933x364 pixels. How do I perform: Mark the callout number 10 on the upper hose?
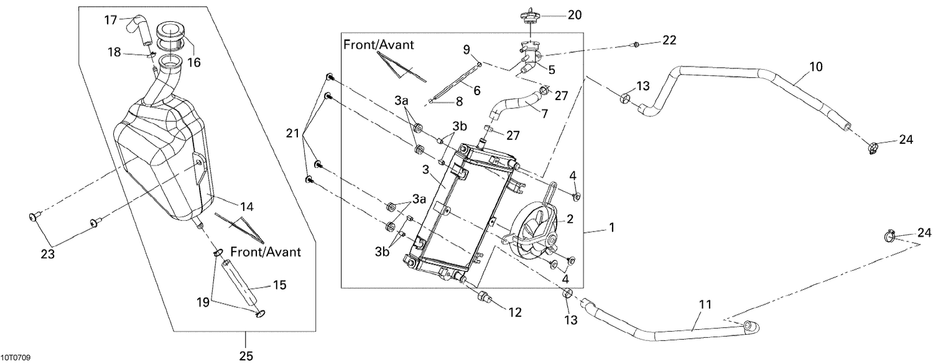click(x=815, y=65)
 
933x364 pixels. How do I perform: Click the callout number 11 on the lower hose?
click(x=705, y=305)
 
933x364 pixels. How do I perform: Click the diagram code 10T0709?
click(x=16, y=358)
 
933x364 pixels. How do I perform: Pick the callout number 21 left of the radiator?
click(x=292, y=134)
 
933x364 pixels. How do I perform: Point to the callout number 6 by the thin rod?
click(x=476, y=90)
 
